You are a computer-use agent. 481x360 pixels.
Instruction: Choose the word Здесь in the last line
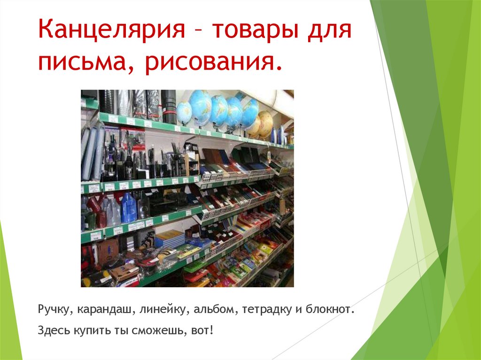coord(53,331)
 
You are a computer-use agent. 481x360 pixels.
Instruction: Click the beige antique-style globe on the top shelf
coord(265,123)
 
